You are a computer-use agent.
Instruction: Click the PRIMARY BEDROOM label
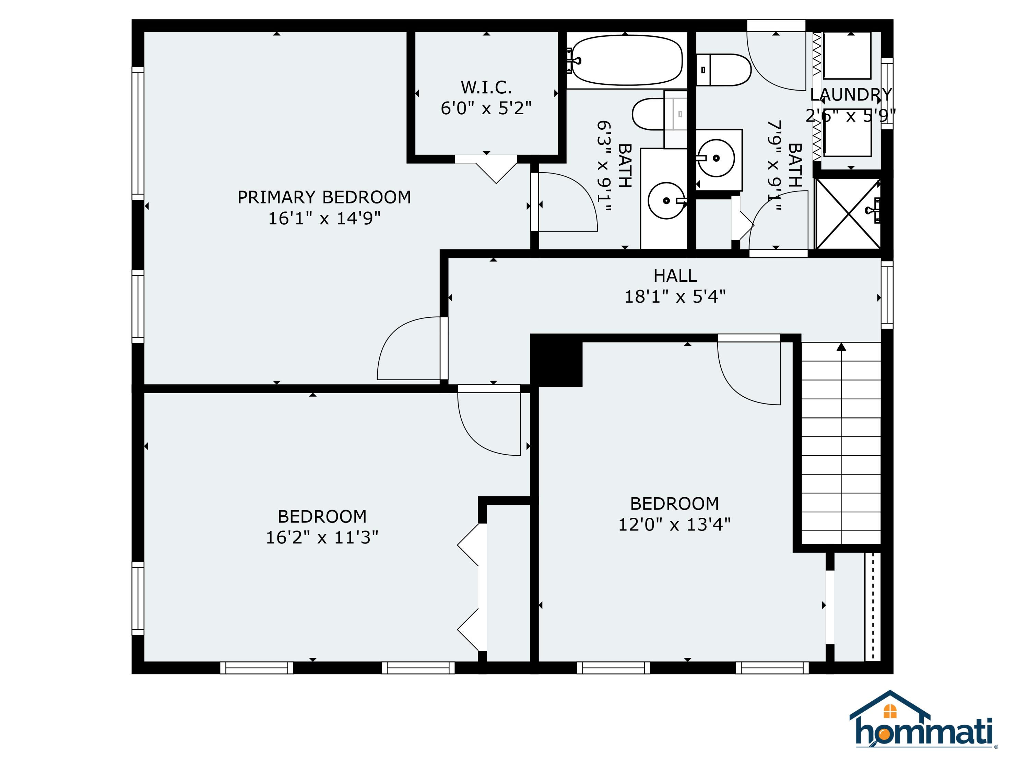(x=324, y=197)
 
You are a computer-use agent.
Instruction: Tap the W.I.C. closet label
(x=486, y=87)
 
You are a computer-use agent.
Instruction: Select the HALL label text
(x=675, y=276)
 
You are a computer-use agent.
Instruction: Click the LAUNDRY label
(x=851, y=94)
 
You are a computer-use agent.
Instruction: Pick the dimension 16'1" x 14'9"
(x=324, y=218)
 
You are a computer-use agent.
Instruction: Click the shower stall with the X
(x=848, y=214)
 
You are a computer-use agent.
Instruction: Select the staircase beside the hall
(x=841, y=443)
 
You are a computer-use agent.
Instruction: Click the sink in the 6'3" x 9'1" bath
(x=666, y=201)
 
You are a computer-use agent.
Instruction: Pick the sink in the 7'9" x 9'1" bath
(x=717, y=158)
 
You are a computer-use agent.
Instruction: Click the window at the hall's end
(x=887, y=294)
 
